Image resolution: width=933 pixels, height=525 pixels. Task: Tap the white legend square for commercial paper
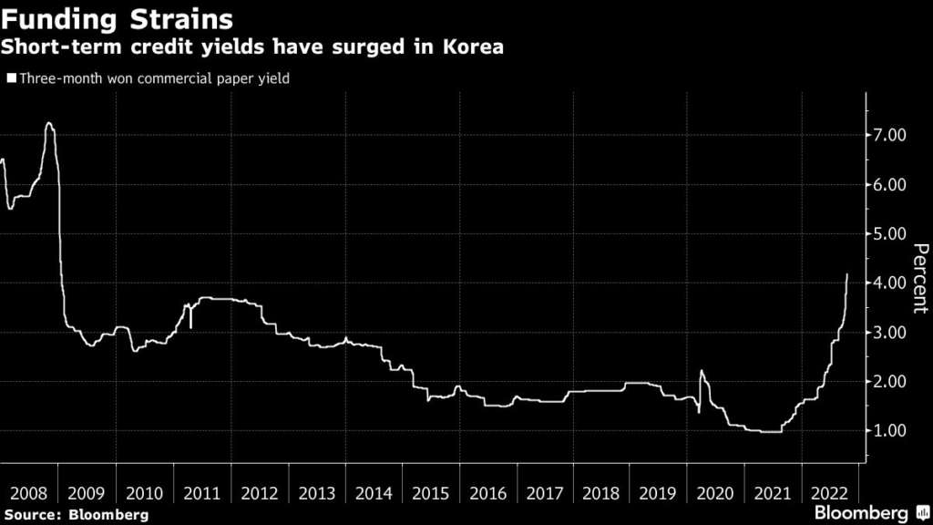coord(11,79)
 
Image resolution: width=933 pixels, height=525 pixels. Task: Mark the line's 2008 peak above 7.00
coord(48,123)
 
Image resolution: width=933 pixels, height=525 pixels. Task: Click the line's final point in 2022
coord(847,273)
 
